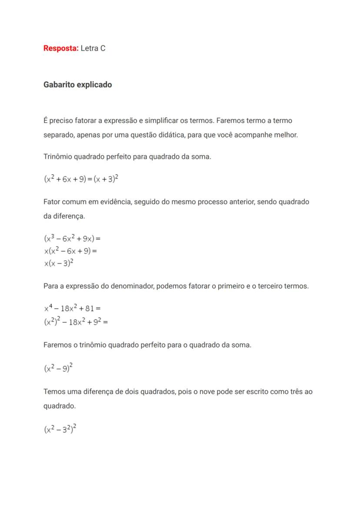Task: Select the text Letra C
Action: click(93, 48)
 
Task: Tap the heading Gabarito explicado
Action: click(77, 85)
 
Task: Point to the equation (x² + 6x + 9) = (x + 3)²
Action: click(81, 179)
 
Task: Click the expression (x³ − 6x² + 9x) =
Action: click(72, 239)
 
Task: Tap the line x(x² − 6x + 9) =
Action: click(70, 251)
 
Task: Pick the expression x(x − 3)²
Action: click(58, 263)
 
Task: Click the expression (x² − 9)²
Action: click(58, 368)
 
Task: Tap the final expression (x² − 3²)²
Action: click(60, 430)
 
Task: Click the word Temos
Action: click(54, 392)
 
